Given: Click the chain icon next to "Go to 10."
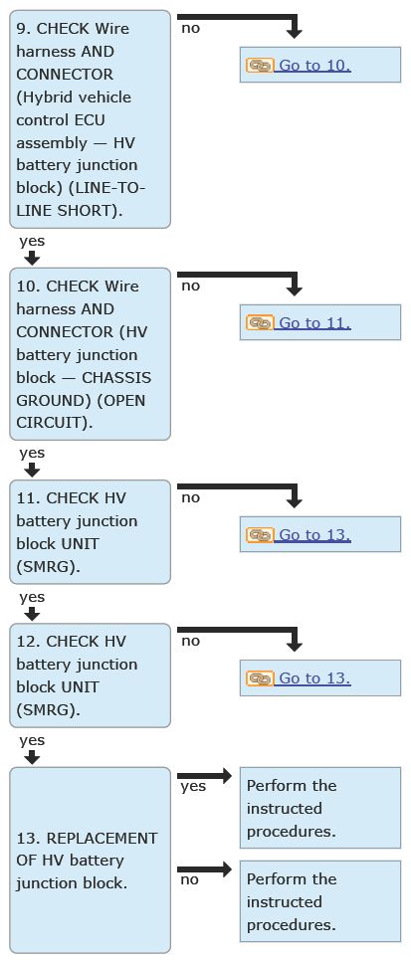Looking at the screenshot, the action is (x=260, y=65).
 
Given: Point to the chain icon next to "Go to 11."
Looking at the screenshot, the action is (x=260, y=323).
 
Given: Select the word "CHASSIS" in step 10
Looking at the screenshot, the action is (x=116, y=378).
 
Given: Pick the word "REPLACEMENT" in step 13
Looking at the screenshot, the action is (x=102, y=839).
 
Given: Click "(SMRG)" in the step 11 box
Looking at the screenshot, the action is (x=48, y=567).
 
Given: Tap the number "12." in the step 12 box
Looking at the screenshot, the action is (x=28, y=642).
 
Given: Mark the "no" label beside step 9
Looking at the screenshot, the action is (x=190, y=28).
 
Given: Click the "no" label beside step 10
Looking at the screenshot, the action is (x=190, y=287).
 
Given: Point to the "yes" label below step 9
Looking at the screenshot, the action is (x=32, y=241).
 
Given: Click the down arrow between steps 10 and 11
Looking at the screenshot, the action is (x=32, y=471).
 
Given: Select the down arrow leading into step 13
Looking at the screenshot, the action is (x=32, y=758).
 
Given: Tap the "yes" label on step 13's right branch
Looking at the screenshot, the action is (x=193, y=787).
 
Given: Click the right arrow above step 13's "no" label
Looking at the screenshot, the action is (x=205, y=869).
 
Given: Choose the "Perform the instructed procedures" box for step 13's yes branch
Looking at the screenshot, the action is (x=320, y=808).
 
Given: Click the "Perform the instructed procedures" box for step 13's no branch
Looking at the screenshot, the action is (x=320, y=901).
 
